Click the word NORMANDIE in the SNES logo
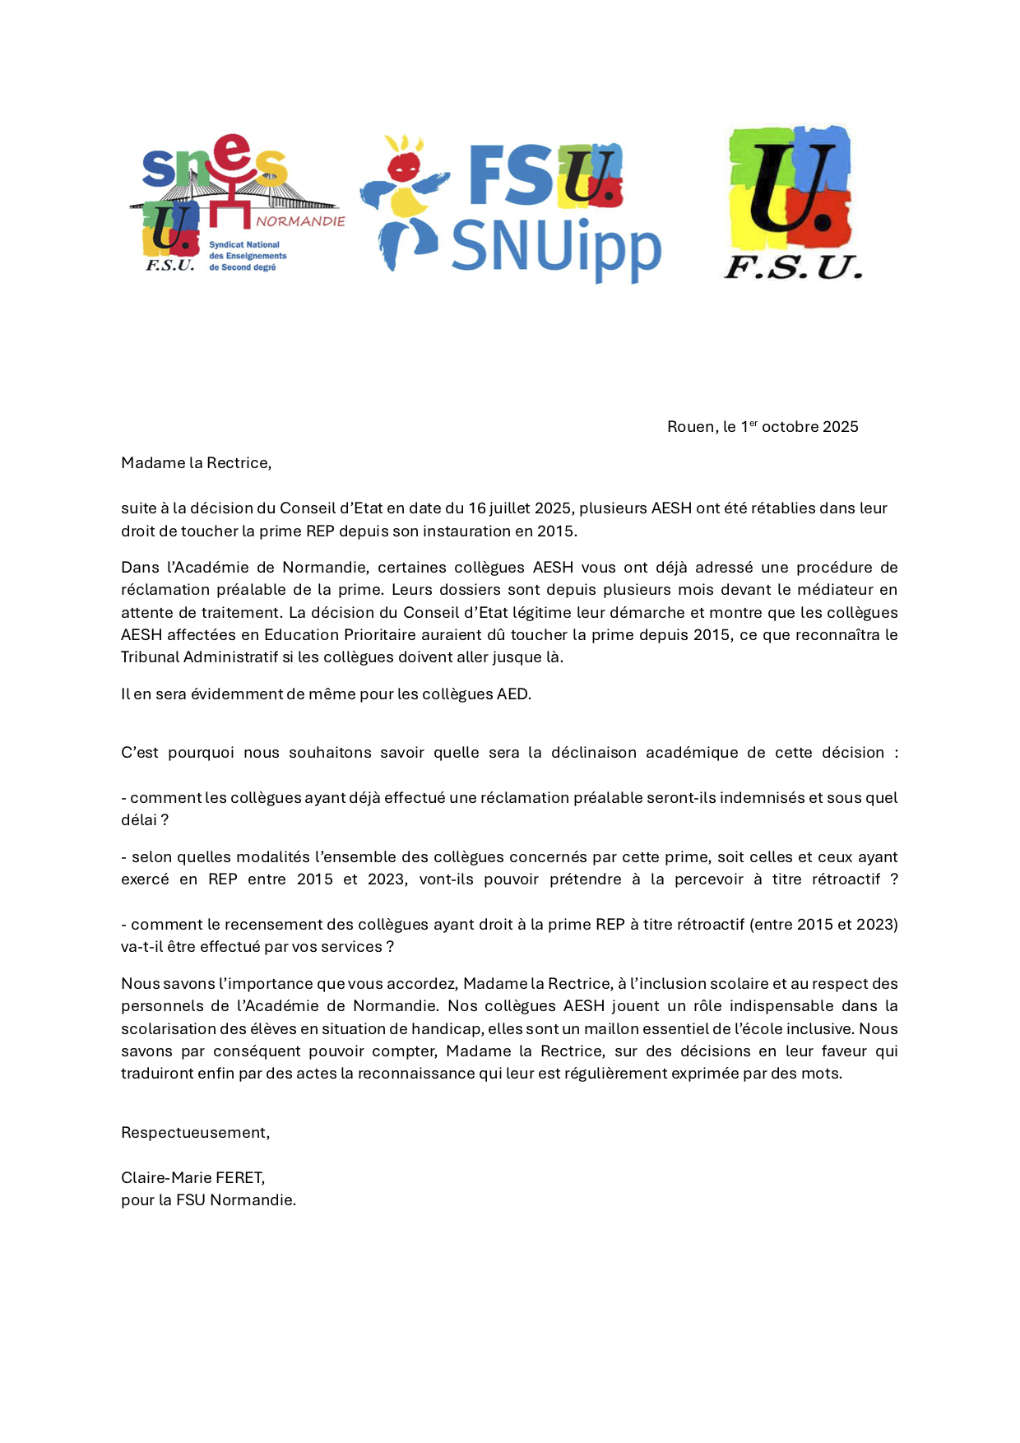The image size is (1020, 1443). [x=300, y=221]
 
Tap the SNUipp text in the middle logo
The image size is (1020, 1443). [x=556, y=246]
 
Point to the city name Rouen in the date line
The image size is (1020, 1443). [x=690, y=427]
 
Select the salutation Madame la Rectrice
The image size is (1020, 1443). [x=196, y=463]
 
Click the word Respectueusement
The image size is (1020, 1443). [x=194, y=1133]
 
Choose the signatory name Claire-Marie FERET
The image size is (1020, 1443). [x=192, y=1178]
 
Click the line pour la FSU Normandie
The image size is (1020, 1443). [x=208, y=1200]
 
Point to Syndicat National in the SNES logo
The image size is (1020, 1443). [x=244, y=245]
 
